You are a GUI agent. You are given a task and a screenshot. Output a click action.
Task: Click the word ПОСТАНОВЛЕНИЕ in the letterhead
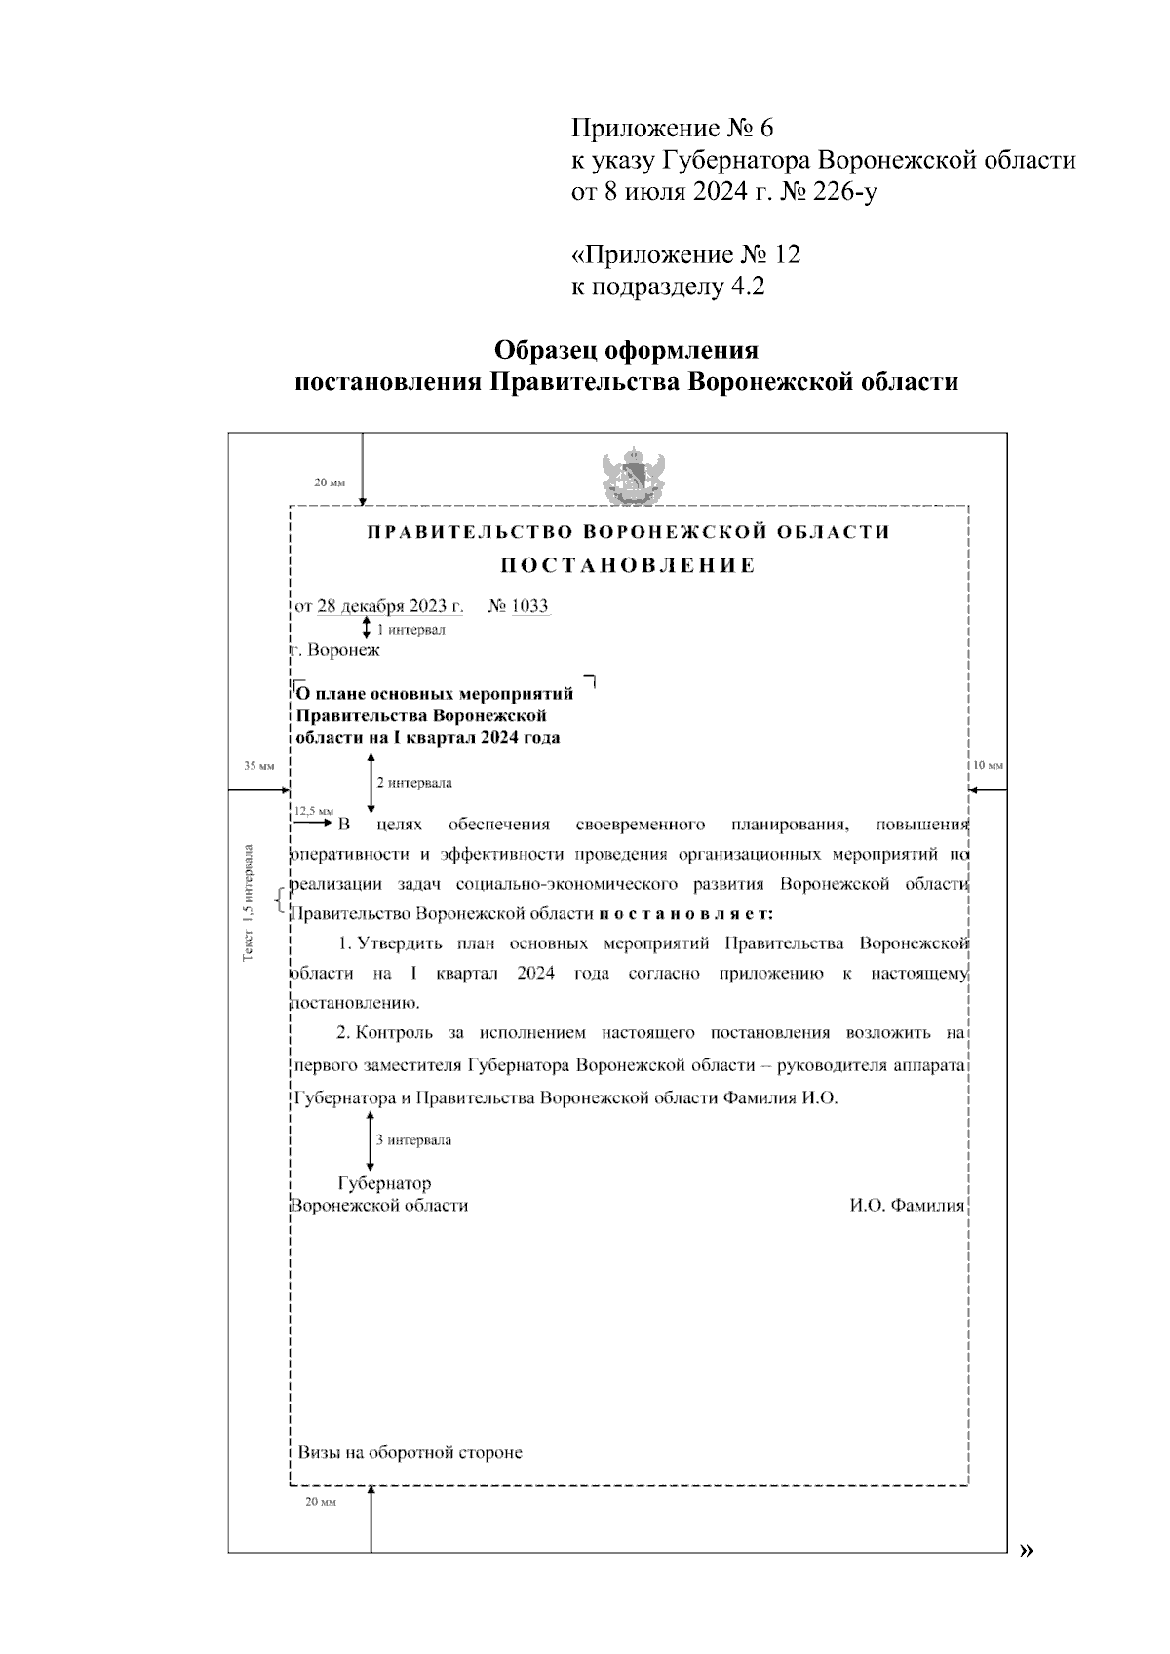[628, 566]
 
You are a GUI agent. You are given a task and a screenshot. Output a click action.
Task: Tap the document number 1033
[530, 606]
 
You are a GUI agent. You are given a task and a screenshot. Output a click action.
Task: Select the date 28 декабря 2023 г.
[390, 606]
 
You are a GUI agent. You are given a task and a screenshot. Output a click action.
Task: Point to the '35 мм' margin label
[258, 766]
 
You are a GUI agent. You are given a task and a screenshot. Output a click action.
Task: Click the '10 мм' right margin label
[988, 766]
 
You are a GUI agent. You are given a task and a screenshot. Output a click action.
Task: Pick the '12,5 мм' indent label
[314, 810]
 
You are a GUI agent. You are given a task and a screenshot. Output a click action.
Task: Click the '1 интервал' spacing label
[410, 630]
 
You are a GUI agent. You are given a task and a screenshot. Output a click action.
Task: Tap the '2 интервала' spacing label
[414, 783]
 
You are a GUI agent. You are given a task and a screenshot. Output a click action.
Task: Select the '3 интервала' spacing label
[414, 1139]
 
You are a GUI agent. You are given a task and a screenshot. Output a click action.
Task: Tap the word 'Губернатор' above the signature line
[384, 1184]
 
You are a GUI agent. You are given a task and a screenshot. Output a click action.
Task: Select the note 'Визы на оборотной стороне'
[409, 1453]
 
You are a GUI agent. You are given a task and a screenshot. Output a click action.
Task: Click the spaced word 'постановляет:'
[685, 914]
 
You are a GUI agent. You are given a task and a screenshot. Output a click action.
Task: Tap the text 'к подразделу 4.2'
[668, 288]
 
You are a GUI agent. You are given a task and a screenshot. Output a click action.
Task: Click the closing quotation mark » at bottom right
[1025, 1551]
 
